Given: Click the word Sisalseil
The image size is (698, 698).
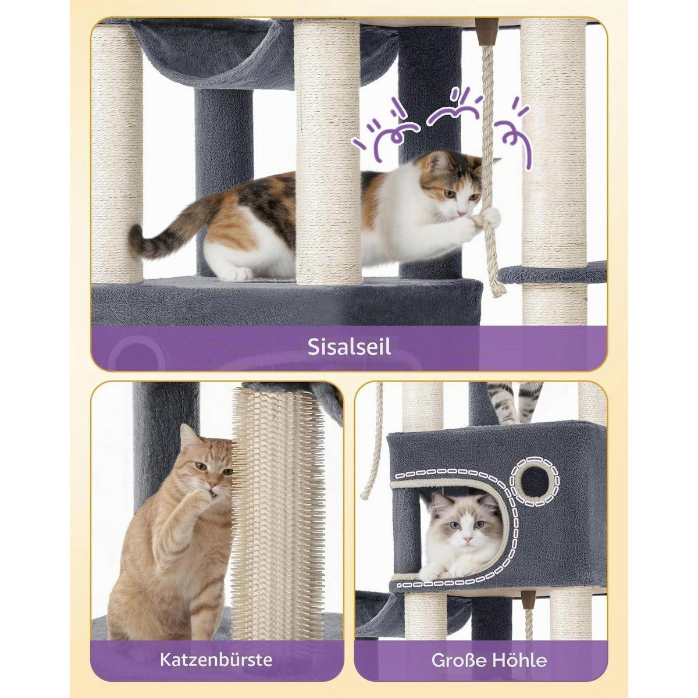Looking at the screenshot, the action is [x=349, y=347].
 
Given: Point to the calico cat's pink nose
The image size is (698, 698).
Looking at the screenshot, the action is [x=460, y=212].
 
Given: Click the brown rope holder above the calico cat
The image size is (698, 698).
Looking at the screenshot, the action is [x=486, y=31].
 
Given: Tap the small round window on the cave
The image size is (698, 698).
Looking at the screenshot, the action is [x=534, y=480].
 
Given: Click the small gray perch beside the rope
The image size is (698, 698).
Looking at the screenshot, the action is [x=553, y=274].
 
